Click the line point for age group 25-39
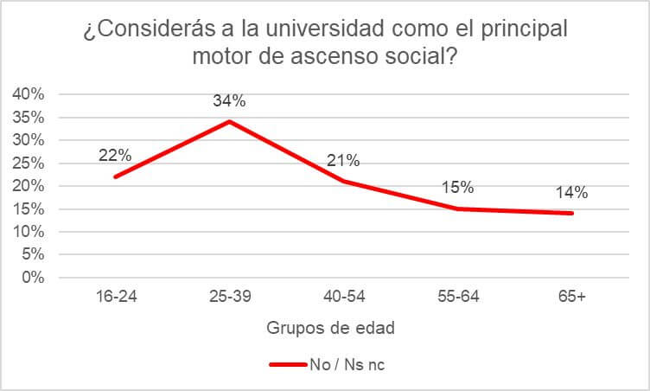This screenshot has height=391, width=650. click(x=229, y=121)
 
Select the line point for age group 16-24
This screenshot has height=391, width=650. click(x=115, y=176)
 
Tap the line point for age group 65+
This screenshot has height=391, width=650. click(x=572, y=213)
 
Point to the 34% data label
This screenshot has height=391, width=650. click(x=229, y=100)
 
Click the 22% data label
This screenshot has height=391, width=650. click(x=115, y=156)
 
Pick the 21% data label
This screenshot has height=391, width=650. click(x=343, y=160)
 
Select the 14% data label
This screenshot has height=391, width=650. click(x=572, y=192)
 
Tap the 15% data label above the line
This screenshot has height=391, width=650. click(x=458, y=188)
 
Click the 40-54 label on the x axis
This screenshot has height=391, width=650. click(x=343, y=297)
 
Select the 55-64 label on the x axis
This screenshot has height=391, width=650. click(x=458, y=297)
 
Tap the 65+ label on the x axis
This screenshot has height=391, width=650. click(x=572, y=297)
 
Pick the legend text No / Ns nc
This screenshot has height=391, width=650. click(x=347, y=364)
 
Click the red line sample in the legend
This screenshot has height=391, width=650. click(x=287, y=364)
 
